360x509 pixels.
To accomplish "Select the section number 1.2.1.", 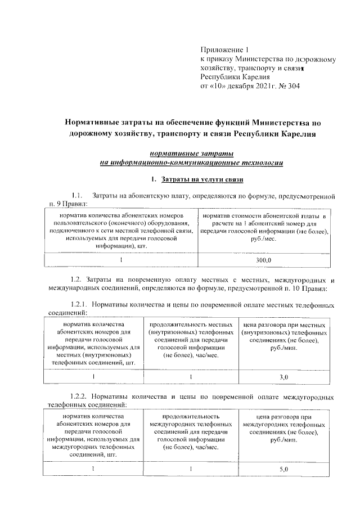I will pos(79,304).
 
